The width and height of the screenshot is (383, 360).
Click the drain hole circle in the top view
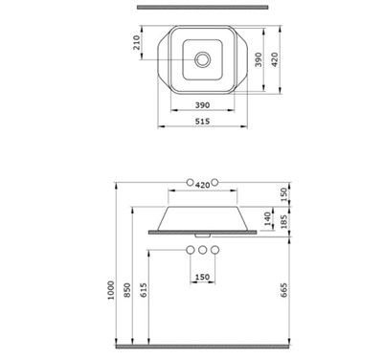pyautogui.click(x=202, y=58)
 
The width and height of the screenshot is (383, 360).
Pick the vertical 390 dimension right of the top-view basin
pyautogui.click(x=256, y=59)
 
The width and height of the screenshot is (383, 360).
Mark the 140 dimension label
pyautogui.click(x=269, y=217)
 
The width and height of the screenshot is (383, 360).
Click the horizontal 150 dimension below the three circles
pyautogui.click(x=202, y=278)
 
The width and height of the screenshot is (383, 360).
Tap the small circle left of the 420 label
pyautogui.click(x=190, y=182)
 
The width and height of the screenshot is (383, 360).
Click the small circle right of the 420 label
pyautogui.click(x=215, y=182)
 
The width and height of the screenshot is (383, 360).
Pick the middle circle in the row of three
pyautogui.click(x=202, y=250)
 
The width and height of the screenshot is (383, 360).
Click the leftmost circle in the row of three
pyautogui.click(x=190, y=250)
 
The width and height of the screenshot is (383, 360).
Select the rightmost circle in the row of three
pyautogui.click(x=215, y=250)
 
